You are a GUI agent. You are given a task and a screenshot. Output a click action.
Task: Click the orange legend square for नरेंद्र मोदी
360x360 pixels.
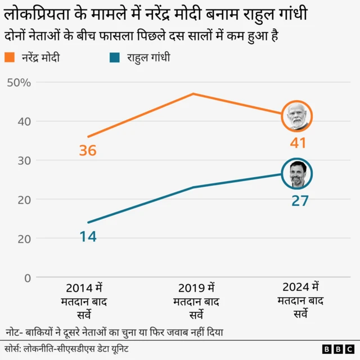(10, 57)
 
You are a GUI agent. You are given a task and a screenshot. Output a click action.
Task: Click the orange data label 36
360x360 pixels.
(88, 151)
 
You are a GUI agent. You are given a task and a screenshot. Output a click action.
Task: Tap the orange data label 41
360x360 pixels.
(298, 143)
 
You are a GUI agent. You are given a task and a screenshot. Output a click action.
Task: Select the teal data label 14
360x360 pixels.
(88, 237)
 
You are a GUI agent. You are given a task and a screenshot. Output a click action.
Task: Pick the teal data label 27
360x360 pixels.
(300, 201)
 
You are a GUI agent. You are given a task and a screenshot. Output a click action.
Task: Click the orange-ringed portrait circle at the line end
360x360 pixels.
(296, 116)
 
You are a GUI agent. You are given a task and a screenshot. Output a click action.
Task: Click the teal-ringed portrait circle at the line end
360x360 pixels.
(296, 174)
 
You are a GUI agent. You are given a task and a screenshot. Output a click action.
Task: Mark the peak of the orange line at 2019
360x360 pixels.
(193, 93)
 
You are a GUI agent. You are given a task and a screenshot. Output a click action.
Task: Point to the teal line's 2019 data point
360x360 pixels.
(193, 187)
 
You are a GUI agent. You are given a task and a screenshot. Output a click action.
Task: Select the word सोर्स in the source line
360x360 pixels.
(12, 349)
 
